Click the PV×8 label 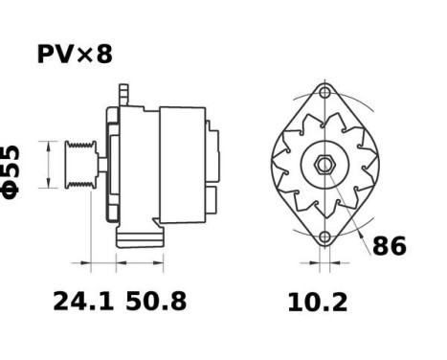[75, 55]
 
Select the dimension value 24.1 [83, 303]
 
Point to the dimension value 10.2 [318, 303]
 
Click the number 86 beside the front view [389, 246]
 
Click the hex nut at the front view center [325, 165]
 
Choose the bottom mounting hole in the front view [325, 236]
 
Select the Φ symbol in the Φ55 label [13, 187]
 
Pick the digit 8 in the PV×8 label [103, 55]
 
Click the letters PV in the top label [54, 55]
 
